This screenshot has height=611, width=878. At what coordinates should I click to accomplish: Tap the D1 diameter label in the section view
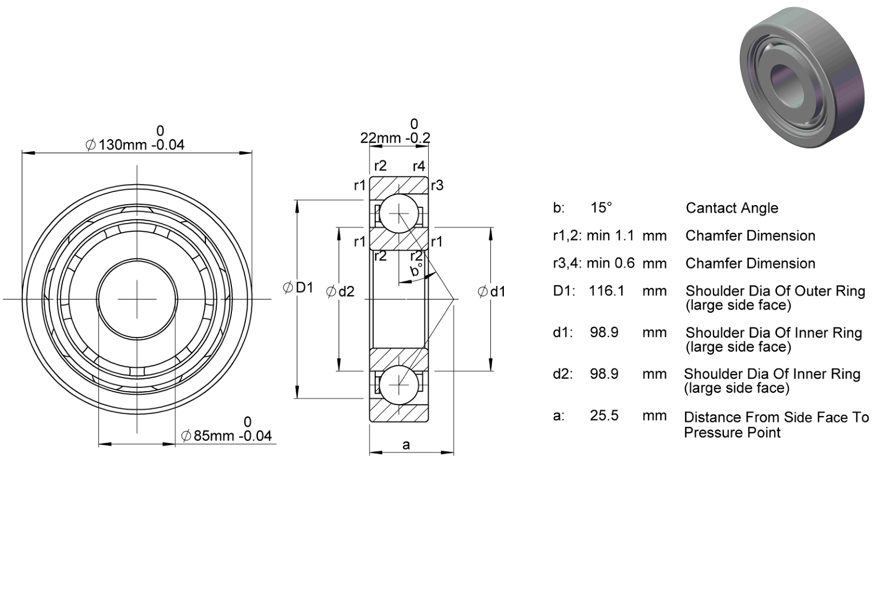click(x=298, y=288)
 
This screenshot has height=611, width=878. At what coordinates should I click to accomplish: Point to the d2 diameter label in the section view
click(x=341, y=292)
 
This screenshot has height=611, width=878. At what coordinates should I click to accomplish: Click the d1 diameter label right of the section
click(x=491, y=292)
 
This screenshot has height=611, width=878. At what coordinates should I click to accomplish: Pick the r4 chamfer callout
click(x=419, y=166)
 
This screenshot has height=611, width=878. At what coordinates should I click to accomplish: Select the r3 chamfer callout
click(x=437, y=185)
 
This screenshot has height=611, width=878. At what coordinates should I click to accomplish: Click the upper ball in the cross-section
click(x=399, y=214)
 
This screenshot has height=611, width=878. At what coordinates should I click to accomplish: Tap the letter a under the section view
click(x=406, y=445)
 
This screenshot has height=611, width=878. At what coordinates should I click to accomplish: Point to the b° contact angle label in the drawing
click(x=415, y=270)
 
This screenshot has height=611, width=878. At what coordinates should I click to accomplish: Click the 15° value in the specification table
click(x=601, y=207)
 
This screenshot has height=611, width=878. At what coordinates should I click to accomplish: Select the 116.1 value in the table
click(x=607, y=291)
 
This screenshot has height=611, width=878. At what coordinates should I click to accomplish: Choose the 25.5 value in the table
click(x=604, y=415)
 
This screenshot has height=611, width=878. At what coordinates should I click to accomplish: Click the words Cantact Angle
click(x=732, y=209)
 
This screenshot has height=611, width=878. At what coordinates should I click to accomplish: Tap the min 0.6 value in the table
click(x=610, y=263)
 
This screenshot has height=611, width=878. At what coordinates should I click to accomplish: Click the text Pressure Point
click(x=733, y=433)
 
